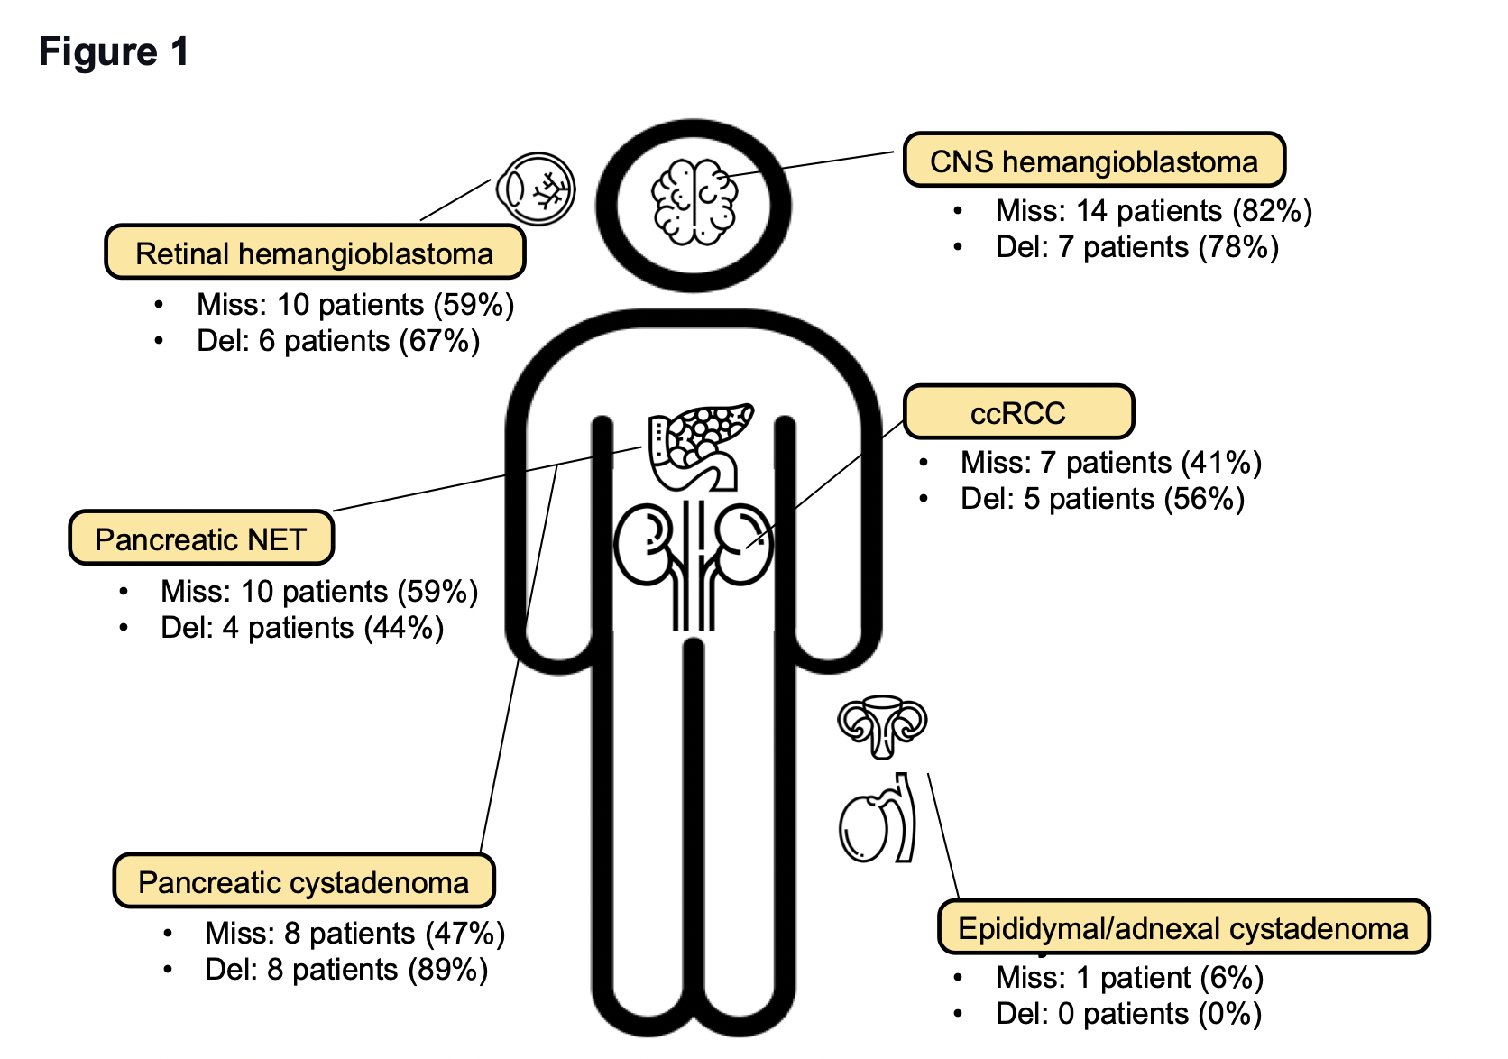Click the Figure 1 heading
pos(114,52)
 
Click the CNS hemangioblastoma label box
pos(1093,161)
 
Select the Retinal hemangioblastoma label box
pos(314,253)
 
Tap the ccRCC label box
pos(1017,412)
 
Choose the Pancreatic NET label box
pos(200,539)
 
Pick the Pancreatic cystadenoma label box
pos(303,881)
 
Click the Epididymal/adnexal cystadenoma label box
pos(1182,927)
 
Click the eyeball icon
pos(536,189)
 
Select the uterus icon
pos(882,724)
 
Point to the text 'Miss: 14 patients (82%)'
pos(1153,211)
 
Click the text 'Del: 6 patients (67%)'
pos(337,341)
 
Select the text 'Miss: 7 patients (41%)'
pos(1110,463)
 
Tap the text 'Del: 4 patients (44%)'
pos(301,628)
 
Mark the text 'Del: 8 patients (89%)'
pos(345,970)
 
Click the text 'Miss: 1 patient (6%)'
pos(1128,978)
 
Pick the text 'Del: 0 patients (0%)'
pos(1127,1014)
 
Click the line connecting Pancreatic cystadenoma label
pos(520,658)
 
